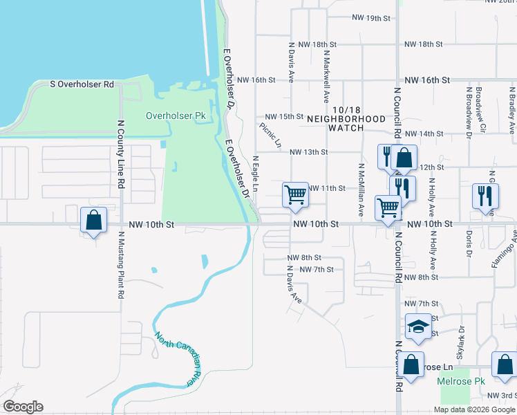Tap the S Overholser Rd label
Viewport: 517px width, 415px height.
pyautogui.click(x=82, y=84)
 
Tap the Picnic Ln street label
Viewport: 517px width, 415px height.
pyautogui.click(x=270, y=136)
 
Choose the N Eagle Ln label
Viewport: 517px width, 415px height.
pyautogui.click(x=255, y=174)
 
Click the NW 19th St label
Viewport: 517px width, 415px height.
pyautogui.click(x=371, y=18)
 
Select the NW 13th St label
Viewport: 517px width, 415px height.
pyautogui.click(x=308, y=152)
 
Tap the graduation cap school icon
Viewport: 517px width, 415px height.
pyautogui.click(x=418, y=327)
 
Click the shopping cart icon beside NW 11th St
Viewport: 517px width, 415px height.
pyautogui.click(x=295, y=194)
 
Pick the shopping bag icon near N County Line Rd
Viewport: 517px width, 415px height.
pyautogui.click(x=93, y=220)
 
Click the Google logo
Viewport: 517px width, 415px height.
pyautogui.click(x=23, y=407)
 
